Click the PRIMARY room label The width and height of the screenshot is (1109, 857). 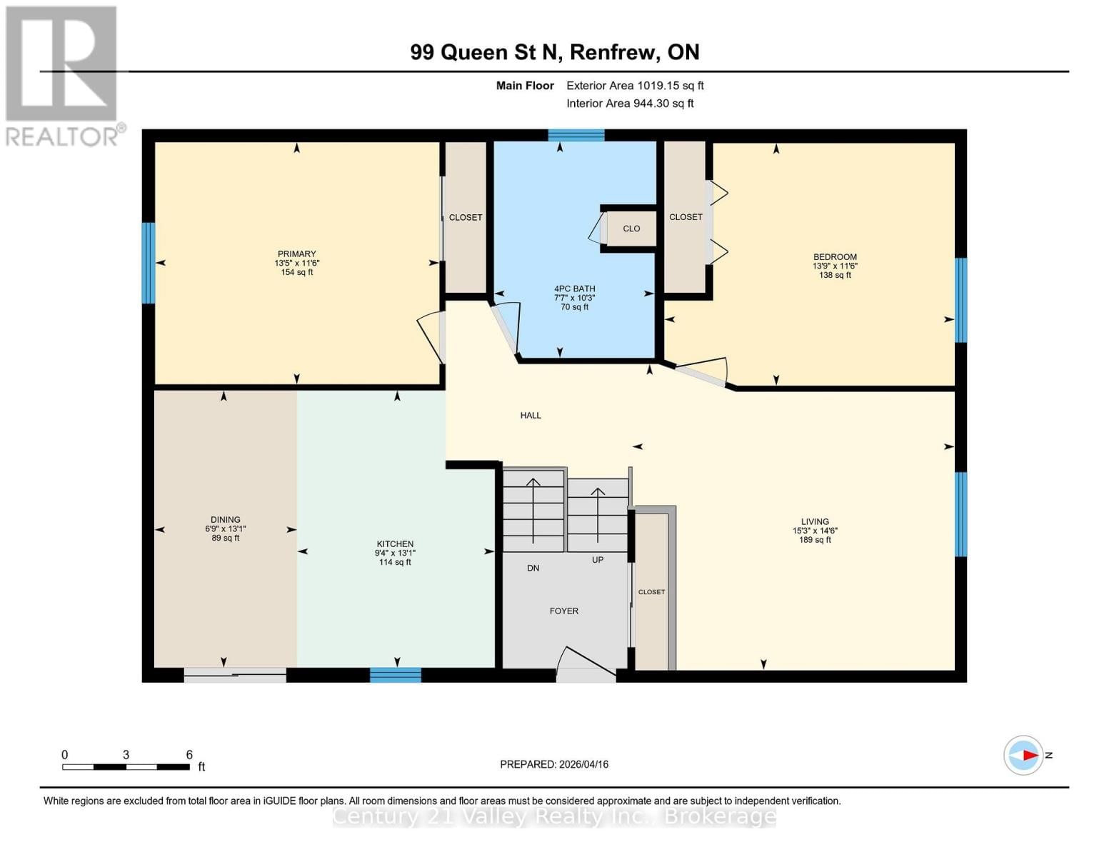click(x=296, y=254)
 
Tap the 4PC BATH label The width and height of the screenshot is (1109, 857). click(x=574, y=289)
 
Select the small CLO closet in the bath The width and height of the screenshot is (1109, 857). click(x=631, y=229)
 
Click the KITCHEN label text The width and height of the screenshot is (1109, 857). click(x=395, y=544)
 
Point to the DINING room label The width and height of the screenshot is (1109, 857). click(x=225, y=520)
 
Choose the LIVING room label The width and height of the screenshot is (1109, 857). click(x=814, y=522)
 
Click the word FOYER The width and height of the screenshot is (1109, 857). click(x=563, y=611)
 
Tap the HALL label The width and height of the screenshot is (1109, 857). click(x=530, y=416)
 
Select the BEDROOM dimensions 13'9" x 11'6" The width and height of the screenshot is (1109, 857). click(x=834, y=266)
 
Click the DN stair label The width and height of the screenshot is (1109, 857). click(x=533, y=568)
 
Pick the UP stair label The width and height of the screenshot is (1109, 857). click(x=598, y=560)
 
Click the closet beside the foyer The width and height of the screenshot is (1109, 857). click(x=651, y=592)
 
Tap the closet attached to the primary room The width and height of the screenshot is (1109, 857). click(x=465, y=218)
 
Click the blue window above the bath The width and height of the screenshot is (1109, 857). click(x=576, y=136)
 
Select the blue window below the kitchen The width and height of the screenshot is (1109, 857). click(x=395, y=675)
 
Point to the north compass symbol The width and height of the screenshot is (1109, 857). click(x=1024, y=755)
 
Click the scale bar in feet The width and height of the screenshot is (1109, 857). click(x=126, y=767)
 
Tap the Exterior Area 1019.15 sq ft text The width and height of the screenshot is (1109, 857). click(x=635, y=86)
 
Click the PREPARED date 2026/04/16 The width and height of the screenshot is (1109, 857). click(x=554, y=764)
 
